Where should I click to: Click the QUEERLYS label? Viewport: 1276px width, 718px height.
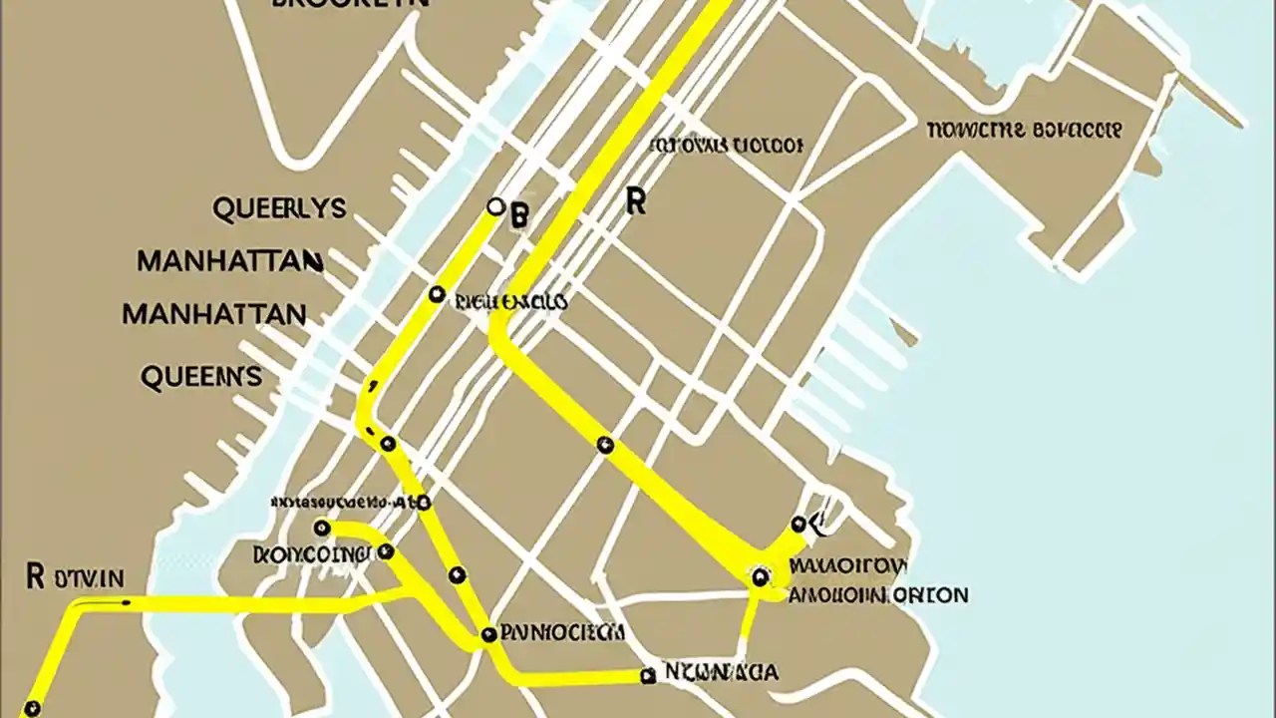coord(279,208)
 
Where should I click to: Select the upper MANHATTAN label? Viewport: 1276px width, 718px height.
coord(229,261)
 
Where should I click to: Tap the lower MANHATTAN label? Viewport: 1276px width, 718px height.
coord(213,314)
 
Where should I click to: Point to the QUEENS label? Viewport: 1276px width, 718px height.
coord(201,376)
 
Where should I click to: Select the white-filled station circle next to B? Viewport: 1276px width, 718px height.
coord(495,206)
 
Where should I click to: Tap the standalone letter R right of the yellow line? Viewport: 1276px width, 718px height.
coord(635,201)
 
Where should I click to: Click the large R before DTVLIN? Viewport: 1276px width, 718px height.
coord(35,575)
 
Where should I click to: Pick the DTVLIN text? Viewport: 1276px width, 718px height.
coord(91,577)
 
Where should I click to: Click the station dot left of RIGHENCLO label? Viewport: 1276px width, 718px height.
coord(437,294)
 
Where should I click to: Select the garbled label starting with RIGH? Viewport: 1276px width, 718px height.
coord(510,301)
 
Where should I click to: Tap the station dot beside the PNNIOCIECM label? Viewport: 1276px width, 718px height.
coord(488,634)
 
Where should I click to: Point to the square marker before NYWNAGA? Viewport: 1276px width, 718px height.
coord(648,676)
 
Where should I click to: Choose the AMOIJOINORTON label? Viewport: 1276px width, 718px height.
coord(877,595)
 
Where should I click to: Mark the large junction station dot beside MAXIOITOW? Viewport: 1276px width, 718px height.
coord(761,575)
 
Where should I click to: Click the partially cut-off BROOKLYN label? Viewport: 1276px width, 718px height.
coord(349,4)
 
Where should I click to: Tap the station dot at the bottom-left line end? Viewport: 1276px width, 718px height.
coord(32,708)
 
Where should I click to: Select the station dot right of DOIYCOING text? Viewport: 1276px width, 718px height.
coord(386,551)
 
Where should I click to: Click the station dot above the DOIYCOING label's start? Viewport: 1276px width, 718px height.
coord(321,528)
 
